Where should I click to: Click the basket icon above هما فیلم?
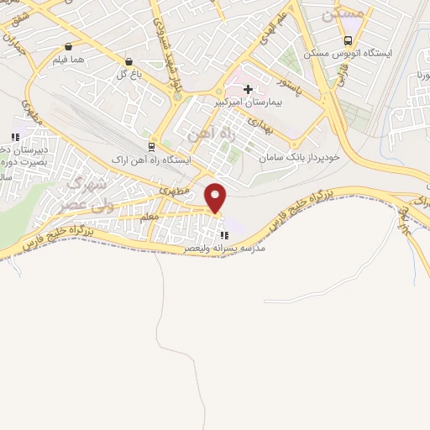(x=67, y=47)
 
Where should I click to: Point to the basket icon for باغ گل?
(x=128, y=61)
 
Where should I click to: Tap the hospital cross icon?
(x=248, y=88)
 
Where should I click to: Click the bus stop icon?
(x=348, y=41)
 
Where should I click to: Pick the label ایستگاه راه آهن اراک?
(x=152, y=159)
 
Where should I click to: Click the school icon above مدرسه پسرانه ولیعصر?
(x=224, y=235)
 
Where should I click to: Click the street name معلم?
(x=149, y=217)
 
